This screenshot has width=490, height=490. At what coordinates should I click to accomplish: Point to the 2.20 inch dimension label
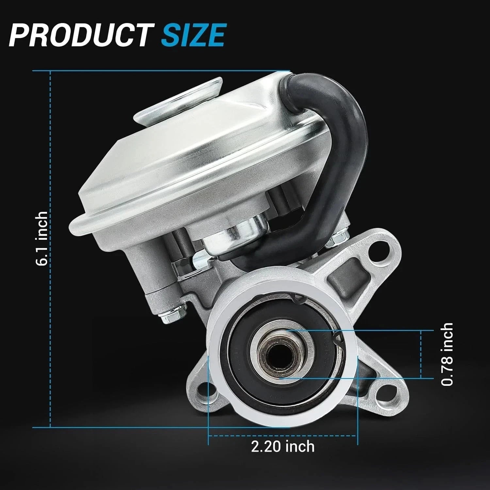tap(283, 446)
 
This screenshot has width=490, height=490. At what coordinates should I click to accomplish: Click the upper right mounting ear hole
tap(377, 248)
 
